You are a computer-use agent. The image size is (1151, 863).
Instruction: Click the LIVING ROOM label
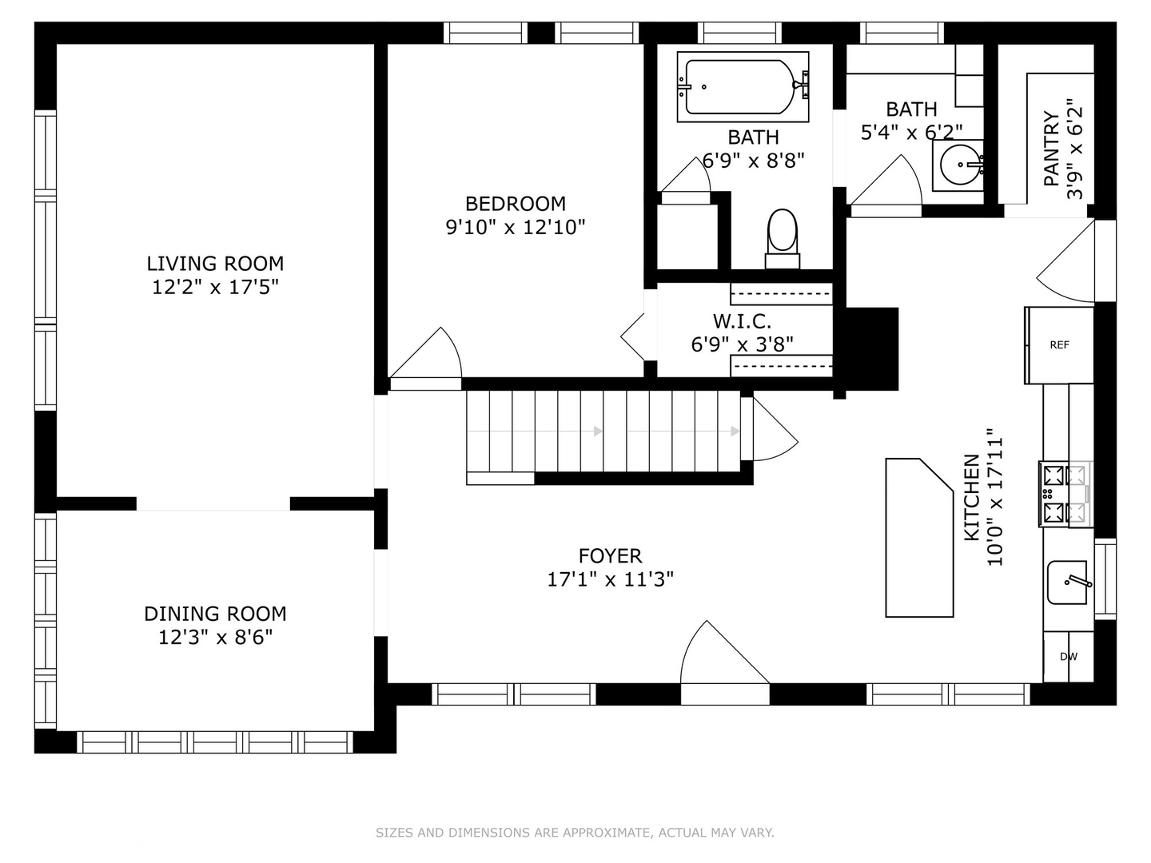[x=215, y=263]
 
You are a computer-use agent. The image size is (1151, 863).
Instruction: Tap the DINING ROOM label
[x=215, y=614]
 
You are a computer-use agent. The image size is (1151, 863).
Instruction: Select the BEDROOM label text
[x=516, y=203]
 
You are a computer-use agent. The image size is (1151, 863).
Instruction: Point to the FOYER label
[x=610, y=555]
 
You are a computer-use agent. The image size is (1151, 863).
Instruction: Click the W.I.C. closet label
[x=742, y=321]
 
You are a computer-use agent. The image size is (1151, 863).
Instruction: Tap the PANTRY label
[x=1051, y=149]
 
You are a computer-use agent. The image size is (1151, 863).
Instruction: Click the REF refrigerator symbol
[x=1060, y=345]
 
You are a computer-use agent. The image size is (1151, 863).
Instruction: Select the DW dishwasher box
[x=1068, y=657]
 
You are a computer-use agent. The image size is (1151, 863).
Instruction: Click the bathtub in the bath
[x=743, y=87]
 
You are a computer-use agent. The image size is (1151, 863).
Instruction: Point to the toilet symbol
[x=783, y=238]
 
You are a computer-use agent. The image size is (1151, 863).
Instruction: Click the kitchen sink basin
[x=1068, y=583]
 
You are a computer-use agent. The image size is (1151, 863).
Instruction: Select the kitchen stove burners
[x=1065, y=494]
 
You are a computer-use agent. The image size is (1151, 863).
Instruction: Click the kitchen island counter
[x=919, y=538]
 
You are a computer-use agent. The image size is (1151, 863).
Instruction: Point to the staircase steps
[x=603, y=431]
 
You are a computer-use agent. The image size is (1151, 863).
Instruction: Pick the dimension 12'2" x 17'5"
[x=215, y=287]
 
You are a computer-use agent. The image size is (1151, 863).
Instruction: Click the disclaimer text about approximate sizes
[x=575, y=832]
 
